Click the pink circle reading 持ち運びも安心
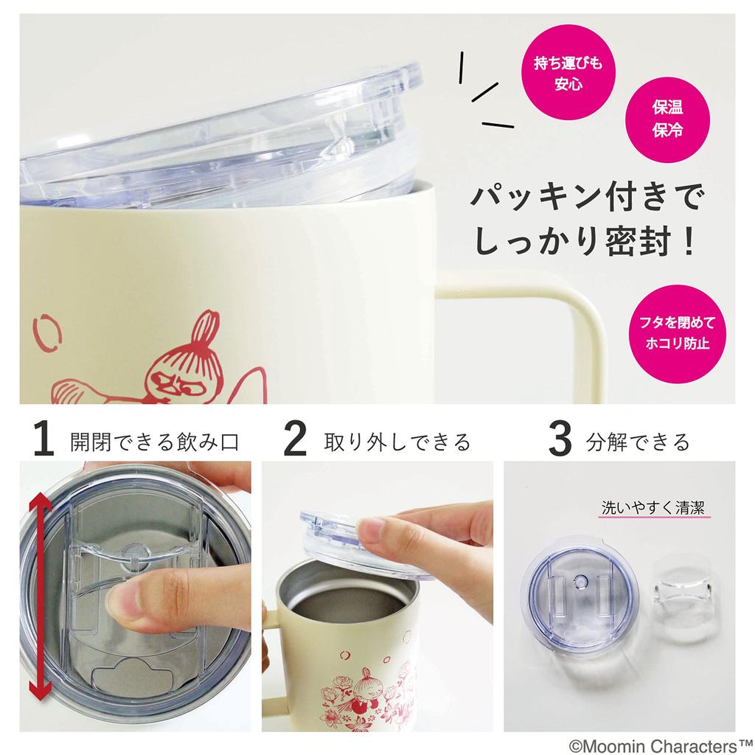[568, 73]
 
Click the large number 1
[44, 441]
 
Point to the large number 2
[295, 441]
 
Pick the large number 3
[560, 441]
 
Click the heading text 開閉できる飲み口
[155, 442]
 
